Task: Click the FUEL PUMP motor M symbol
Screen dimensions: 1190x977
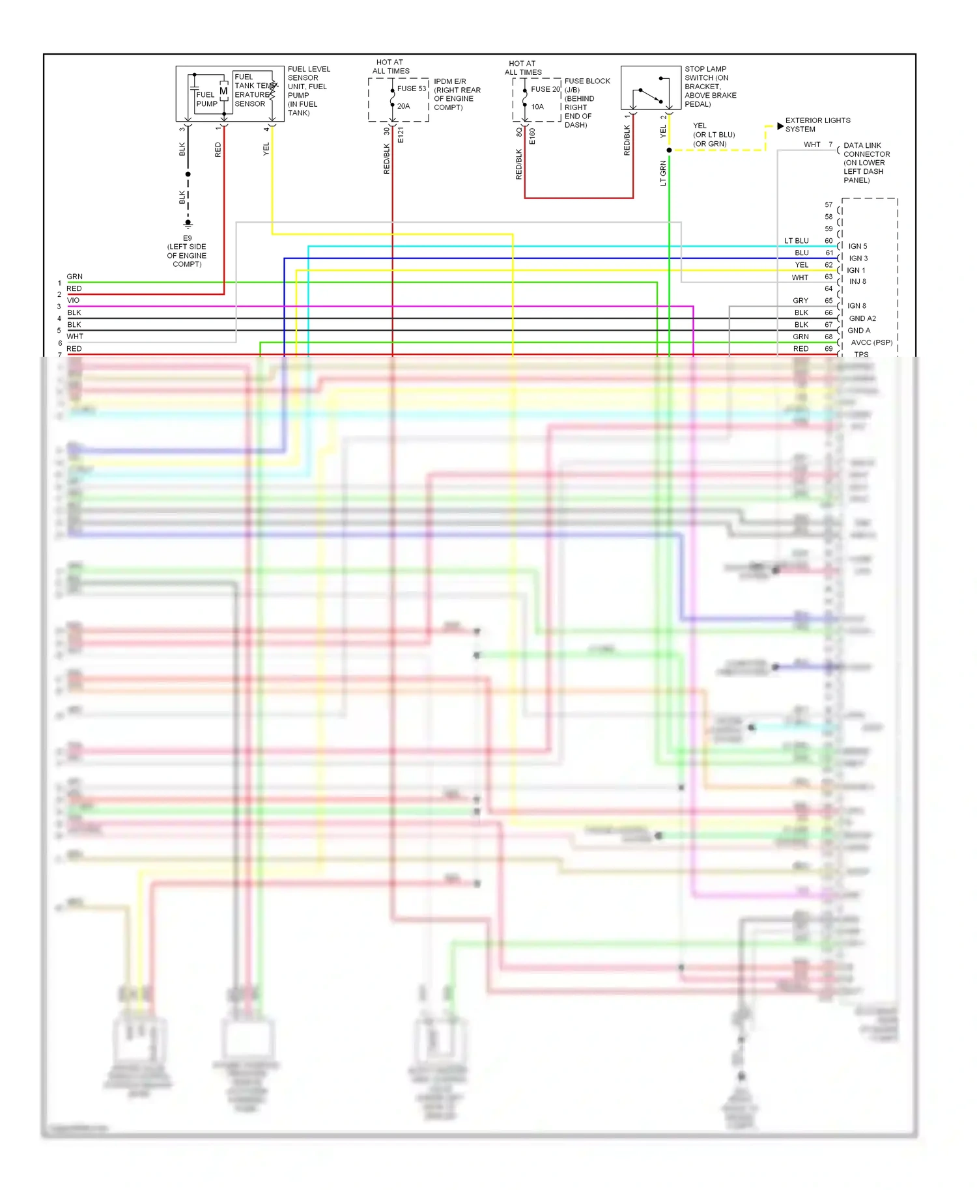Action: [223, 91]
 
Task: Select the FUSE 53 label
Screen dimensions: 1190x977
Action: [412, 89]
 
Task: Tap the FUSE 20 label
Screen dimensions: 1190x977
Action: [545, 89]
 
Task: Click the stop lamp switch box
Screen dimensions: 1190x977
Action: [651, 88]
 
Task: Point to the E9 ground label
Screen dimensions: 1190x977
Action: [187, 238]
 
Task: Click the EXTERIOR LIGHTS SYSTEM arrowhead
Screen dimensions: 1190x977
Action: [780, 126]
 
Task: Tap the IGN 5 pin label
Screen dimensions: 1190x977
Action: [858, 246]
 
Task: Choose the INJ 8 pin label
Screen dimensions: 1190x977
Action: [858, 282]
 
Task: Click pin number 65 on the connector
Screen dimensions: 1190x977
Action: [828, 301]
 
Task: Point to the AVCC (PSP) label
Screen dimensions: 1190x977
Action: [871, 342]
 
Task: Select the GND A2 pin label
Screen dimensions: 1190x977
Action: [862, 318]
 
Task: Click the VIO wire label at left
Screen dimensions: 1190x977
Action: [73, 301]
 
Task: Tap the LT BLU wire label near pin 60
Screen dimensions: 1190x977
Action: [797, 241]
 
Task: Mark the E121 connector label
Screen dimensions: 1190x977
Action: [401, 135]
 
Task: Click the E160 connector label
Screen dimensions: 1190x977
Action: [532, 136]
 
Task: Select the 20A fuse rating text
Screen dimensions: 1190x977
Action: [404, 106]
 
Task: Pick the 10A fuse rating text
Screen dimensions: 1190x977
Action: [537, 107]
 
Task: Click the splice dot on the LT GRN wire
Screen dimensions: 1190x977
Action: [669, 150]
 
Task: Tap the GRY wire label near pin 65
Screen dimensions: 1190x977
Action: [800, 301]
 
